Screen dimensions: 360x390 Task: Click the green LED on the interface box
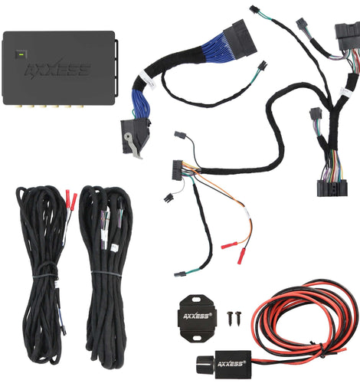[21, 54]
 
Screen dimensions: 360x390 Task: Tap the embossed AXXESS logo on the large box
[58, 69]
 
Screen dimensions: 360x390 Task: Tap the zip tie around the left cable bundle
[44, 275]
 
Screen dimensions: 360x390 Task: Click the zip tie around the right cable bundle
[106, 274]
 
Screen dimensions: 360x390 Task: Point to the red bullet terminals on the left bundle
[71, 200]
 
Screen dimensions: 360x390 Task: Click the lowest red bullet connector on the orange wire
[241, 256]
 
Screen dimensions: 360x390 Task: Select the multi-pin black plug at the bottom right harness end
[332, 188]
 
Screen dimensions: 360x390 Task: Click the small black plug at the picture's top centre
[254, 9]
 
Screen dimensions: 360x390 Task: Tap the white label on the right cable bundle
[114, 247]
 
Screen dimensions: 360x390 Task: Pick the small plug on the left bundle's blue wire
[64, 331]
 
